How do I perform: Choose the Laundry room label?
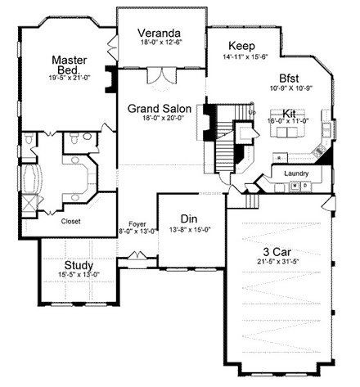pyautogui.click(x=295, y=173)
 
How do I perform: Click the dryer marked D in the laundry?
pyautogui.click(x=304, y=187)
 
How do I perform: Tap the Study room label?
pyautogui.click(x=78, y=264)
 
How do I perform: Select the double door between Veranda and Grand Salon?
pyautogui.click(x=158, y=77)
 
